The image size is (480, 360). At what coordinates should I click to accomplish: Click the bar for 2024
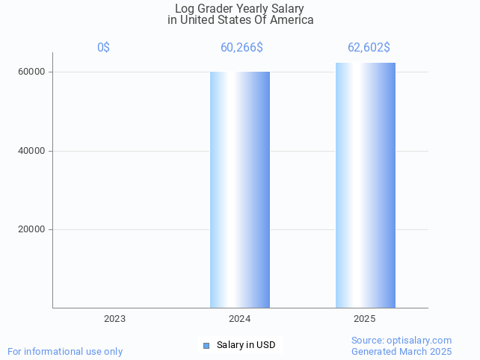[x=240, y=190]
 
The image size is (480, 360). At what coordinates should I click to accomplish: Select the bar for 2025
[x=366, y=185]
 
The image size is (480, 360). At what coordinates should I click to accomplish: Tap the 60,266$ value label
[x=241, y=48]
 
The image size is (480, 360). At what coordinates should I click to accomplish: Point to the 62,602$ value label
[x=369, y=48]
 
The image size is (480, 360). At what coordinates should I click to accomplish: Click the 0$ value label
[x=103, y=48]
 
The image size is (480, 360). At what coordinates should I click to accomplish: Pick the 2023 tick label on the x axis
[x=114, y=319]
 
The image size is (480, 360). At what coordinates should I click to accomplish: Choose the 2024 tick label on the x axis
[x=240, y=319]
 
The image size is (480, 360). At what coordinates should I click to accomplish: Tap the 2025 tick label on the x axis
[x=365, y=319]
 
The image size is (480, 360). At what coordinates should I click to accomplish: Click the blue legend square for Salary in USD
[x=206, y=345]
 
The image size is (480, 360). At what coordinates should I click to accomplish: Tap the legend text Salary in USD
[x=246, y=345]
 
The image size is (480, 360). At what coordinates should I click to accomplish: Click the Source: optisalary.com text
[x=401, y=341]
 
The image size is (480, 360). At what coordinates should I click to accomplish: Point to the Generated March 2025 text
[x=401, y=352]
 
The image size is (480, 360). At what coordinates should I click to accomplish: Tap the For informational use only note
[x=65, y=352]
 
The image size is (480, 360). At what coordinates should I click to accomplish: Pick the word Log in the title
[x=185, y=9]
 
